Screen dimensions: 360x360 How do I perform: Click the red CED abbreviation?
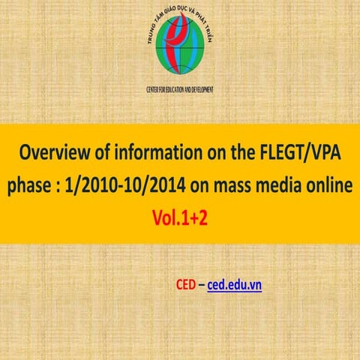point(185,285)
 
